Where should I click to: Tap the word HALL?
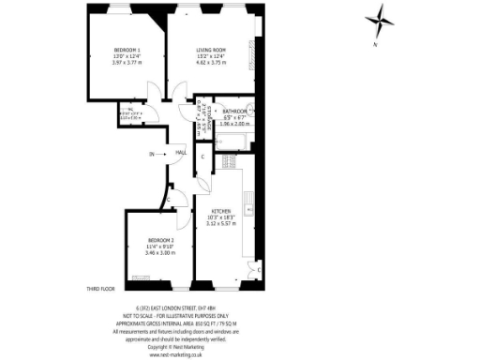181,152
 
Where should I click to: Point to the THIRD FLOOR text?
99,290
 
